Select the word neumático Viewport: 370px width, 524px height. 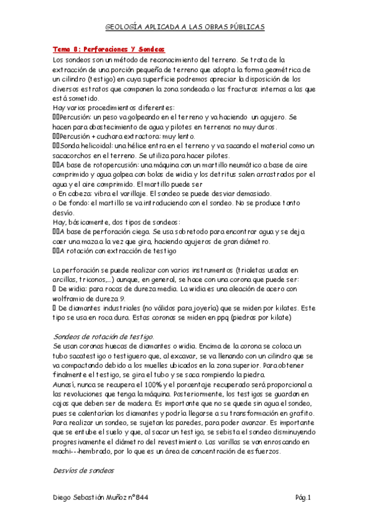click(228, 166)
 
